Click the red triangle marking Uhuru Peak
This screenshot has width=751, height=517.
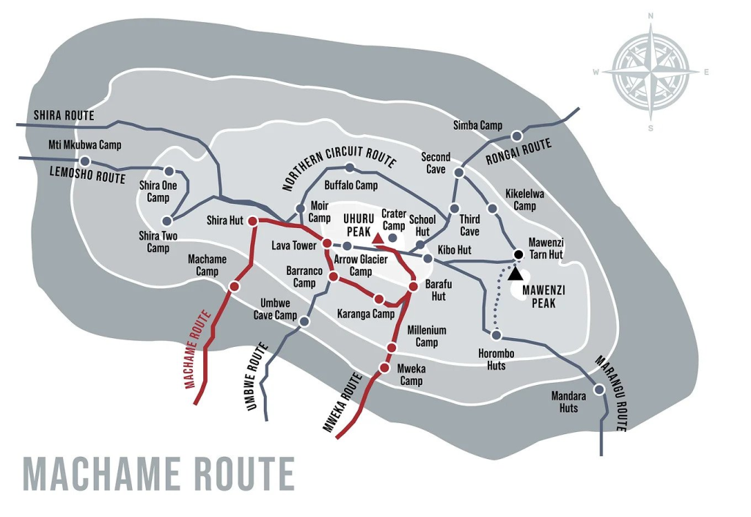(378, 238)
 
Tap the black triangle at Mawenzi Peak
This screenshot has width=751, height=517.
(516, 274)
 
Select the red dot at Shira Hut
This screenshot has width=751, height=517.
(252, 221)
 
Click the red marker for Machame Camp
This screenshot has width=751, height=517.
(233, 286)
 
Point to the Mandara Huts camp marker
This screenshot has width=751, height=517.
(599, 389)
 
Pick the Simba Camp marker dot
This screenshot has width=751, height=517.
(516, 135)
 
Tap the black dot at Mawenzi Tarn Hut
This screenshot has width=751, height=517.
(518, 254)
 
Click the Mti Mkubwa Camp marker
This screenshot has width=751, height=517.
(85, 161)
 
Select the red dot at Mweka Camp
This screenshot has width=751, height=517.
(384, 367)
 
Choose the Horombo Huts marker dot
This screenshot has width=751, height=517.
(496, 335)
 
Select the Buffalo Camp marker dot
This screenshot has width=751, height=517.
(349, 168)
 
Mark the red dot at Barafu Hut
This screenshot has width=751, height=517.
(413, 286)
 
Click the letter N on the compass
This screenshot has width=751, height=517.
(651, 15)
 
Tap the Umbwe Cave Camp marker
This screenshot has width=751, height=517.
(304, 321)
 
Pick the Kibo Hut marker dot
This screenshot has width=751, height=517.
(428, 258)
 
